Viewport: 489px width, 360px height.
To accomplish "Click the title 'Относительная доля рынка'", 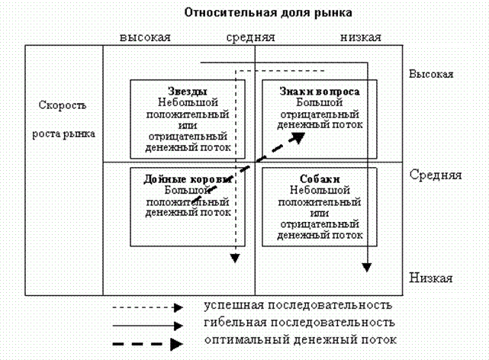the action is pos(269,13).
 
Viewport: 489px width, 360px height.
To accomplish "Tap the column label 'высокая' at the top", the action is pos(145,37).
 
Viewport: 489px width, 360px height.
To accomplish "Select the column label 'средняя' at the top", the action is pos(250,37).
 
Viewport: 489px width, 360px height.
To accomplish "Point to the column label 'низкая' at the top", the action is pos(361,37).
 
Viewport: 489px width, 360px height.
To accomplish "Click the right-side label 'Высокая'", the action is pos(431,74).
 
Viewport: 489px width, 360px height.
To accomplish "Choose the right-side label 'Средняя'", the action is pos(436,175).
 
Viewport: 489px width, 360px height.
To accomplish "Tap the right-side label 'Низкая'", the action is pos(431,278).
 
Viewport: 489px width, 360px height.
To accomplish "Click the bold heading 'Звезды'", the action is pos(188,91).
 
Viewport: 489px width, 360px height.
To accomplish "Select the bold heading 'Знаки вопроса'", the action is pos(320,92).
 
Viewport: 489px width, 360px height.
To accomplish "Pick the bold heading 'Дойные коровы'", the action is pos(188,179).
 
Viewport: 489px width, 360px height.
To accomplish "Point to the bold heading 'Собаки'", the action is pos(320,179).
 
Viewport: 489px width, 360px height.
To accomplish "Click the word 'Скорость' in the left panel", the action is pos(63,105).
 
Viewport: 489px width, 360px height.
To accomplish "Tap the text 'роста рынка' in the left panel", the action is pos(63,133).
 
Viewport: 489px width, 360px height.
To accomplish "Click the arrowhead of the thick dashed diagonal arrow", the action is pos(299,137).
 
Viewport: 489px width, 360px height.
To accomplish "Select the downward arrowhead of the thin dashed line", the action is pos(235,258).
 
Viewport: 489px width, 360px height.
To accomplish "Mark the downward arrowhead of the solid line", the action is pos(367,268).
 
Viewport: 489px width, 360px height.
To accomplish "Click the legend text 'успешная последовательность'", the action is pos(298,305).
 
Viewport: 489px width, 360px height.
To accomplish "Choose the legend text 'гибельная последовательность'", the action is pos(299,323).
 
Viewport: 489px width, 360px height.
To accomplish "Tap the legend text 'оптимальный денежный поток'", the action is pos(301,339).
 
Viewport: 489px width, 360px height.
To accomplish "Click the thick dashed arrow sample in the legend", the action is pos(148,344).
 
